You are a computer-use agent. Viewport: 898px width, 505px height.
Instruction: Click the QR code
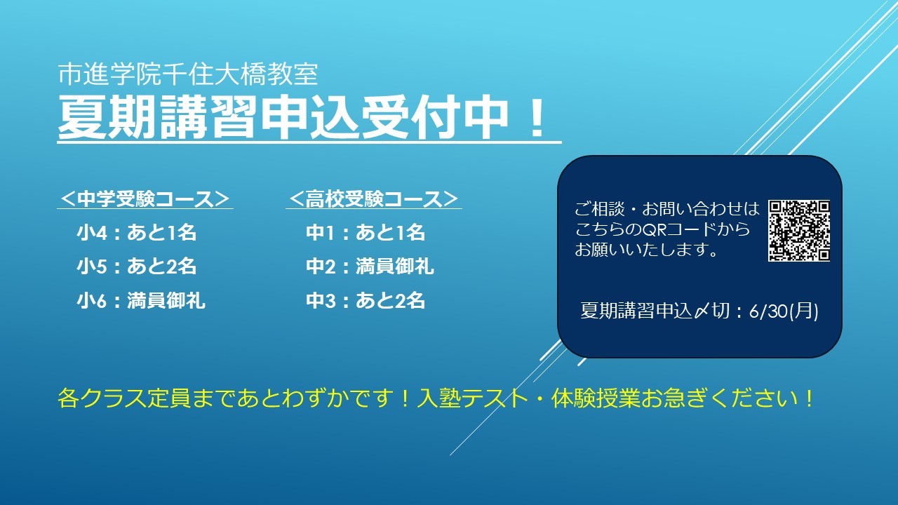(x=799, y=231)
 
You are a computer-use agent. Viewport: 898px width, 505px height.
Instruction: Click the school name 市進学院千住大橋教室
(x=188, y=74)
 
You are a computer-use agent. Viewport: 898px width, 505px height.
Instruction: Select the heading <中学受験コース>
(x=145, y=198)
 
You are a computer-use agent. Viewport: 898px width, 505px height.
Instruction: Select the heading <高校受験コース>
(x=374, y=198)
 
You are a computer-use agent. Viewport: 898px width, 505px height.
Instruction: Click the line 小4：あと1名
(x=136, y=232)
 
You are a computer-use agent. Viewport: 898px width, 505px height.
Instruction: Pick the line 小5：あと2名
(x=136, y=267)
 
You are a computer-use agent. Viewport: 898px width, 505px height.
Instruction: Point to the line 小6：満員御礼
(x=141, y=301)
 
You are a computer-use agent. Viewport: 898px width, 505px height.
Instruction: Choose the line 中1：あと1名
(x=366, y=232)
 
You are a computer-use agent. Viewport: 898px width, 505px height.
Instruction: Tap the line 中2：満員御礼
(x=370, y=267)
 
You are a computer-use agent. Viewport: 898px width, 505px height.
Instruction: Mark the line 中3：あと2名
(x=366, y=301)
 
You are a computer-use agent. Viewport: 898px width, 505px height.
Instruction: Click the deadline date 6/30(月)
(x=784, y=311)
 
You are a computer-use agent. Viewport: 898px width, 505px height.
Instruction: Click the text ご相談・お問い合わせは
(x=667, y=209)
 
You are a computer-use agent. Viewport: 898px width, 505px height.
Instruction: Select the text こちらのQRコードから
(x=662, y=229)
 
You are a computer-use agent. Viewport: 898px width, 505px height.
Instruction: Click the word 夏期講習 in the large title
(x=156, y=117)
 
